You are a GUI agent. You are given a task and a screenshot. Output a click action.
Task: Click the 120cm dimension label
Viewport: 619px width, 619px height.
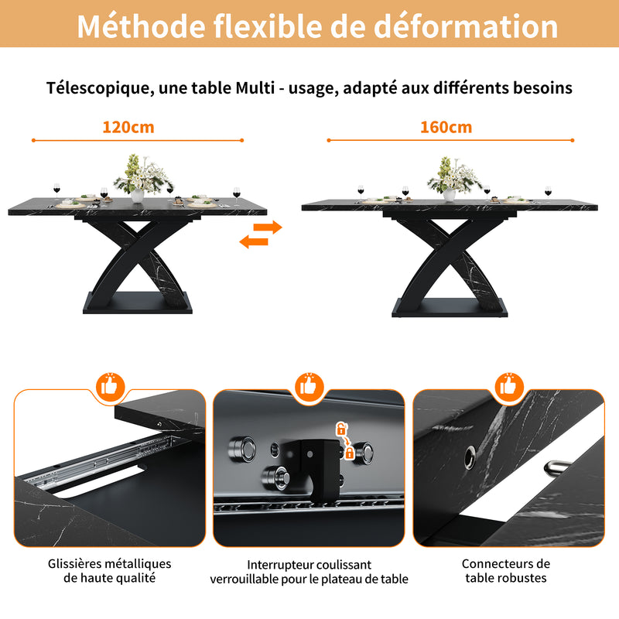pos(128,127)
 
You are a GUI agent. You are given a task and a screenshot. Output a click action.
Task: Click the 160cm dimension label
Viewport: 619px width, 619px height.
pos(446,127)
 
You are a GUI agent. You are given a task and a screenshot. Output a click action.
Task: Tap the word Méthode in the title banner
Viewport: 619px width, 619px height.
pos(132,26)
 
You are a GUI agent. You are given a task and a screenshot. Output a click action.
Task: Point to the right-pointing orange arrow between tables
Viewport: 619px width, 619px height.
pos(267,227)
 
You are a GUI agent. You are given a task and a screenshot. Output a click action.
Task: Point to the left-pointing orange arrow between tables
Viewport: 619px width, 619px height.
pos(253,242)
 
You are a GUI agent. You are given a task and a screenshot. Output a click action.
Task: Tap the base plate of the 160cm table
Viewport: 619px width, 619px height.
pos(449,307)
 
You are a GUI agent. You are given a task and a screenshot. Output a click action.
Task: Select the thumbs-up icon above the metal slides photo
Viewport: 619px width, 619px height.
pos(110,385)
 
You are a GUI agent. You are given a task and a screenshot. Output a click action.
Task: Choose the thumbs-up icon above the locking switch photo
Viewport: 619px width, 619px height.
pos(309,385)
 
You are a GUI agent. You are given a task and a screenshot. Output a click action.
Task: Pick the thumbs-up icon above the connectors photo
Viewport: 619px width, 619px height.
pos(508,385)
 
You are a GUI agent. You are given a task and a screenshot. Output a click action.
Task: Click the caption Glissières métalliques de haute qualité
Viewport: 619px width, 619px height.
pos(109,571)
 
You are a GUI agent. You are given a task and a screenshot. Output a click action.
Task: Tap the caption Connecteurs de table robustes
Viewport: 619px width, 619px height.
pos(506,571)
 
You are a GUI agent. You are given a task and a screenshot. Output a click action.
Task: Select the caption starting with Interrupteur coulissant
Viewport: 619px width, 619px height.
pos(309,572)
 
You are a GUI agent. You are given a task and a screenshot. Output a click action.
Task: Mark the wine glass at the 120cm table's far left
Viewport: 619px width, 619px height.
pos(56,189)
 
